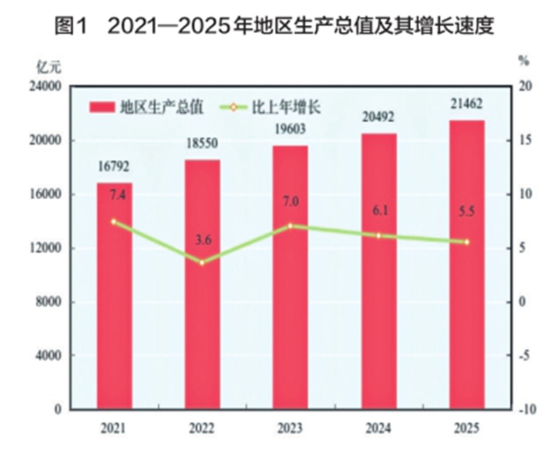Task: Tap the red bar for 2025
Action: tap(467, 265)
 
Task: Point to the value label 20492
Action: tap(379, 117)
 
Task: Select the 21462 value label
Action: tap(467, 105)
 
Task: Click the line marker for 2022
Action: tap(203, 263)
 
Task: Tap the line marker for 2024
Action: tap(379, 235)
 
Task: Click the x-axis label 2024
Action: tap(379, 428)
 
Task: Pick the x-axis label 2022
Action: tap(203, 428)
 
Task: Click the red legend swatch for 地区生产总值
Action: tap(102, 107)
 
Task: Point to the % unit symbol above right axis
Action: tap(523, 61)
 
